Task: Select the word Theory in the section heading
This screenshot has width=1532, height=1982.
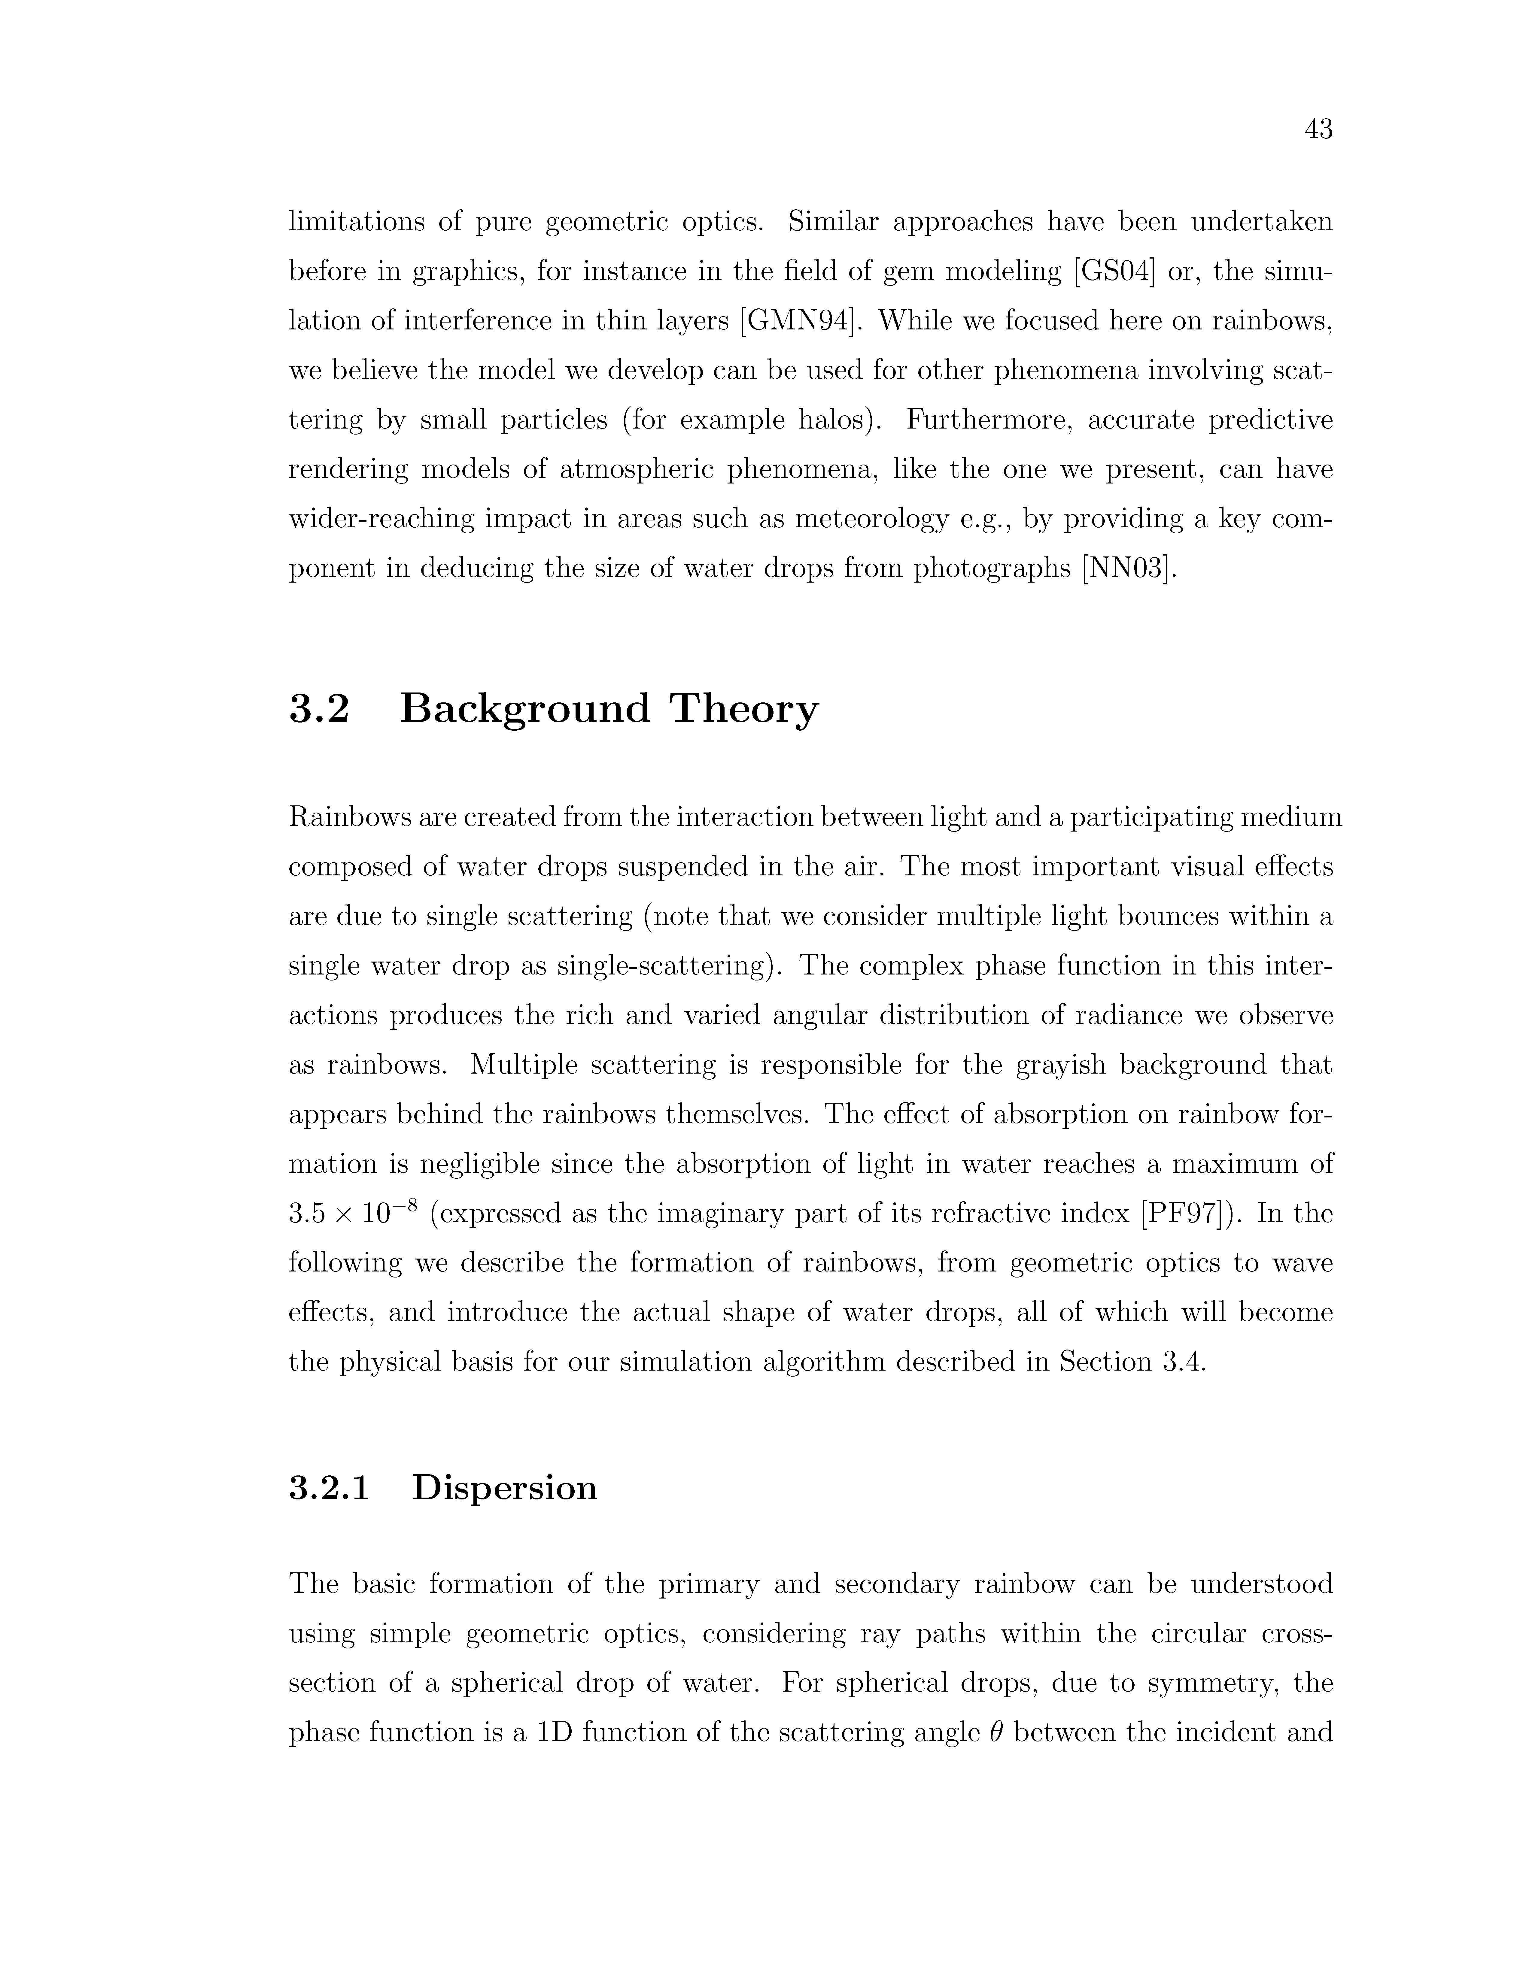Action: tap(744, 709)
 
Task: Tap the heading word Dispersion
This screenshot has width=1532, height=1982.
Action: tap(505, 1488)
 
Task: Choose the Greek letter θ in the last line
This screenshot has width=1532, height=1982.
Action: tap(991, 1733)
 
